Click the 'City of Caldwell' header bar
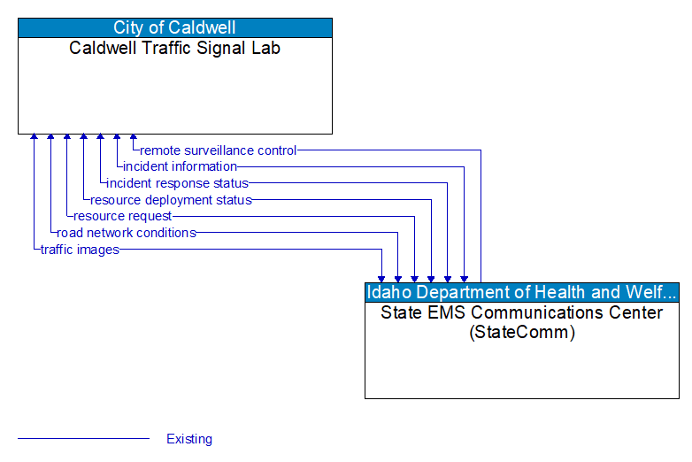(x=175, y=27)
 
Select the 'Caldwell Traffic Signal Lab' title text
(x=175, y=48)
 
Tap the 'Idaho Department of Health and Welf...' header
(x=522, y=292)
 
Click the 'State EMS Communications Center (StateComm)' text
(x=522, y=322)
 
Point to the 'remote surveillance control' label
(x=219, y=150)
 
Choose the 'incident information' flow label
(x=180, y=166)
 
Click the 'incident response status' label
(x=177, y=183)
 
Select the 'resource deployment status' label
(x=171, y=200)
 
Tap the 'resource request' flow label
(x=122, y=216)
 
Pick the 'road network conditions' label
(x=127, y=233)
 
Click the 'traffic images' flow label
(x=80, y=250)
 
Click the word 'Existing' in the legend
(x=189, y=439)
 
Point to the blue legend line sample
(x=83, y=438)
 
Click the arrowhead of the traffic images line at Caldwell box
(x=34, y=138)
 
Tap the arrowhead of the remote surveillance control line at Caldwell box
(x=134, y=138)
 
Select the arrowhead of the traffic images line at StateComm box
(x=381, y=278)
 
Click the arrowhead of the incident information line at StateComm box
(x=464, y=278)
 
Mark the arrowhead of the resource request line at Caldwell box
(x=67, y=138)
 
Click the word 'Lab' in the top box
(x=265, y=48)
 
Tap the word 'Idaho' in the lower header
(x=388, y=292)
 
